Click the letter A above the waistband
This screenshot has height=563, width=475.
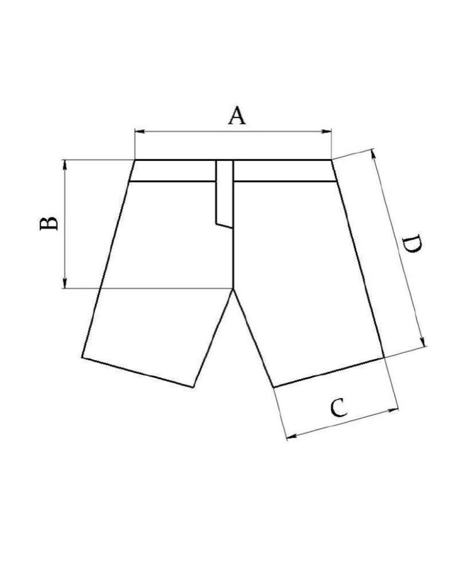(237, 116)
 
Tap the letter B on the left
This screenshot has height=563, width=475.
(49, 223)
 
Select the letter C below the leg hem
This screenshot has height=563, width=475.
(339, 408)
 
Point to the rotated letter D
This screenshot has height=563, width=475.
(413, 245)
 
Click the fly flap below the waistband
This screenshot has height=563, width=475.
(224, 194)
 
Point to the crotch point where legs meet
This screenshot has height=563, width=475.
(233, 289)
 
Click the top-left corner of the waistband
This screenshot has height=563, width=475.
(135, 160)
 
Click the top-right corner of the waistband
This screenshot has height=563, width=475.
(331, 160)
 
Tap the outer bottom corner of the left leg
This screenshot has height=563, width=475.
(82, 357)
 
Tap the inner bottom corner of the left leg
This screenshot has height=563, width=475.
(193, 387)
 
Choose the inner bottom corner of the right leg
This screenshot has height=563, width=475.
(274, 387)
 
